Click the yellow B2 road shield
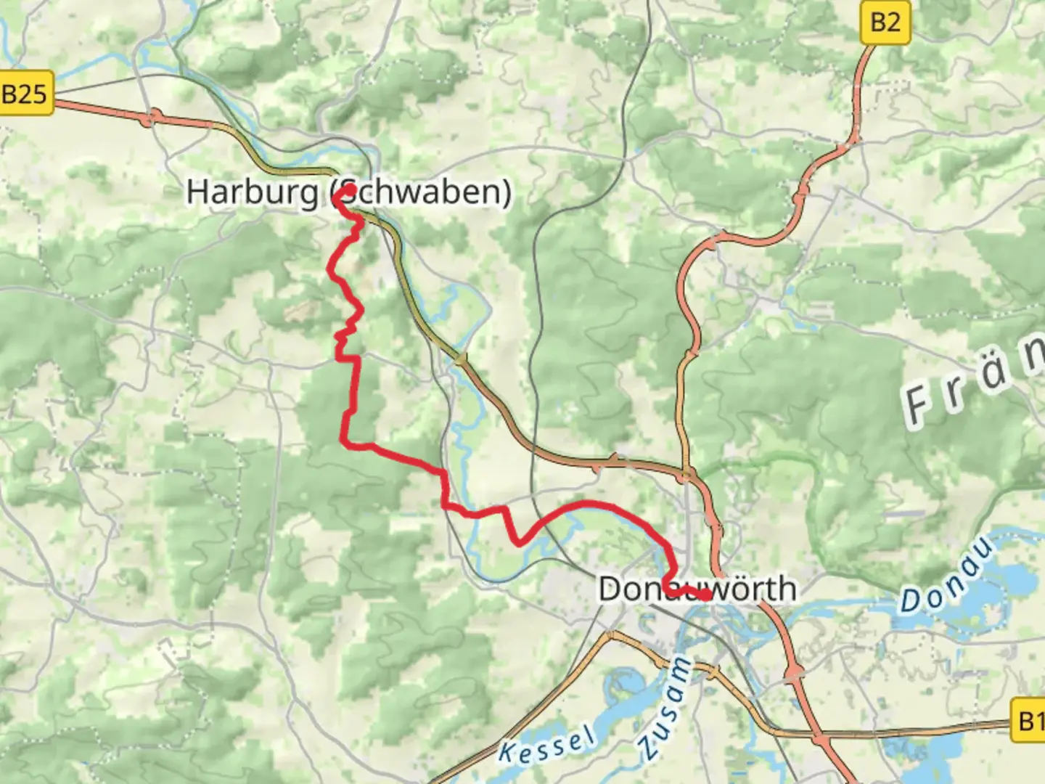coord(885,23)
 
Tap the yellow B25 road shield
coord(25,94)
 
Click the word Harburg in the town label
coord(252,192)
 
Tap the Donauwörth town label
coord(697,589)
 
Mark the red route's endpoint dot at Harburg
coord(349,190)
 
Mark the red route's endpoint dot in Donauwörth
coord(705,595)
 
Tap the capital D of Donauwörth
coord(610,589)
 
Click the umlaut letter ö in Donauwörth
coord(735,589)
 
